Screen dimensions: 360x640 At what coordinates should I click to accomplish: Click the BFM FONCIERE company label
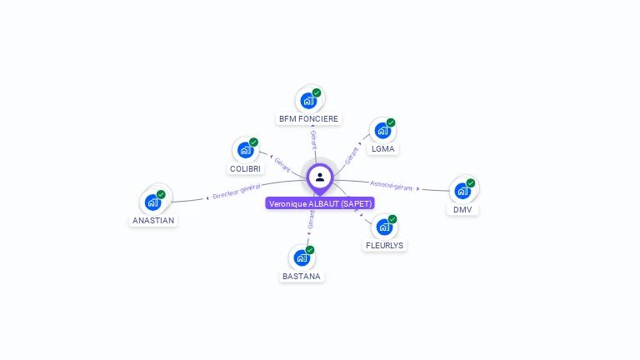click(308, 119)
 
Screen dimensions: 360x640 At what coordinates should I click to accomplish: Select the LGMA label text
click(383, 149)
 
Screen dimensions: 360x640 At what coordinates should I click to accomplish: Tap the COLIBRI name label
click(245, 168)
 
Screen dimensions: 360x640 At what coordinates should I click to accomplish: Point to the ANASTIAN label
click(153, 221)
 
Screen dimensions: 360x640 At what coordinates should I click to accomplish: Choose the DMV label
click(462, 209)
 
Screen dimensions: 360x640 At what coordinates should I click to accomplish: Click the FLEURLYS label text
click(384, 246)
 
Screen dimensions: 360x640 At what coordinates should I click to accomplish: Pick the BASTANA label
click(302, 276)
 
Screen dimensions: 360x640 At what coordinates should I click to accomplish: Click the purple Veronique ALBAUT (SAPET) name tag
click(320, 203)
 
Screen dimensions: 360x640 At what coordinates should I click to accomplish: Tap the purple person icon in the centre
click(320, 177)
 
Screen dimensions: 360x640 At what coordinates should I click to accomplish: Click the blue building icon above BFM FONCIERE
click(308, 101)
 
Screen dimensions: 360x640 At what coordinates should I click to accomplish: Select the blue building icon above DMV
click(462, 191)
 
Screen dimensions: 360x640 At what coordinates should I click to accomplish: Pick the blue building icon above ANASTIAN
click(153, 202)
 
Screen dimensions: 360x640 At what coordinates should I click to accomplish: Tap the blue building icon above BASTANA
click(302, 257)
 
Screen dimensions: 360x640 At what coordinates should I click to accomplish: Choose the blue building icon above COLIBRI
click(245, 150)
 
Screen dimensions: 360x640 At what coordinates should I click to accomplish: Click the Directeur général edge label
click(237, 192)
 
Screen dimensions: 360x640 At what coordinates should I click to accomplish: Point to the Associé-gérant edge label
click(392, 185)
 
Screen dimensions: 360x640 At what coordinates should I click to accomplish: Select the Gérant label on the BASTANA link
click(311, 220)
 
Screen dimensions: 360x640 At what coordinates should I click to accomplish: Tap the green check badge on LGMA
click(391, 123)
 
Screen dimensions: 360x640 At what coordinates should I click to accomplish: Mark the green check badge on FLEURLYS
click(392, 219)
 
